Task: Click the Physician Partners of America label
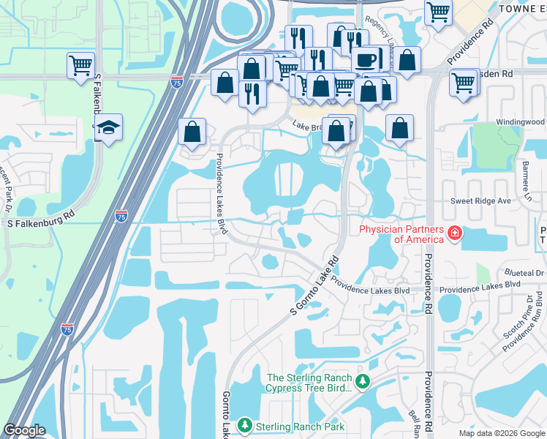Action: pos(401,234)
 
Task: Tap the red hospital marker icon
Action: pos(454,234)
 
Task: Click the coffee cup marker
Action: pos(365,59)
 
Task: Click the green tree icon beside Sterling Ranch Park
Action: pos(245,425)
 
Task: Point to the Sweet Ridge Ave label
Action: pos(480,200)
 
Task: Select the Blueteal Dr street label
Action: pos(524,272)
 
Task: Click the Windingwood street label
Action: pos(521,121)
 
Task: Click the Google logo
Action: pos(25,429)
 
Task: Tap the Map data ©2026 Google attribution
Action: pos(501,433)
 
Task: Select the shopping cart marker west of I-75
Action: pos(80,64)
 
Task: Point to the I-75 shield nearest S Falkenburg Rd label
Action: pos(121,216)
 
